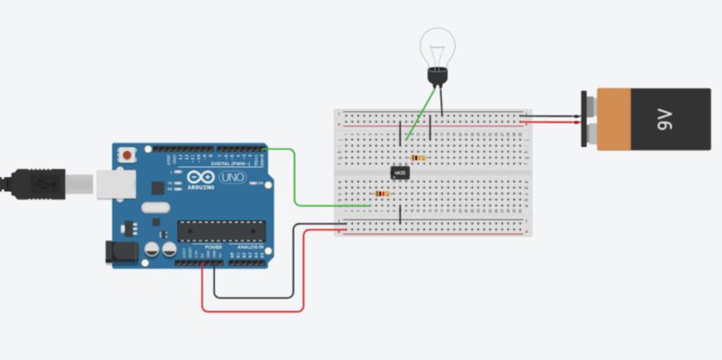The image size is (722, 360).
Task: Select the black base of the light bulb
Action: pyautogui.click(x=436, y=78)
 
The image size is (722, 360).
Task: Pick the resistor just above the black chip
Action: pyautogui.click(x=416, y=158)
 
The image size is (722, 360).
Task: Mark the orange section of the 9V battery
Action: pyautogui.click(x=613, y=117)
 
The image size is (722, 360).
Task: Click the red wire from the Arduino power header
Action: pyautogui.click(x=253, y=310)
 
